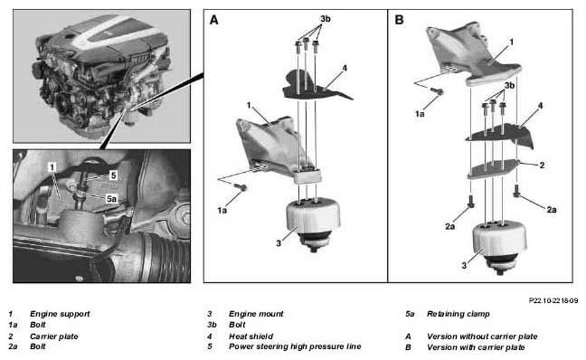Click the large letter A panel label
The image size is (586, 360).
click(x=213, y=20)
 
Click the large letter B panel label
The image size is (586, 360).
click(x=399, y=20)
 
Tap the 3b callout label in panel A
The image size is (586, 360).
click(x=326, y=19)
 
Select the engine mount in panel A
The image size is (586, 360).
click(x=313, y=223)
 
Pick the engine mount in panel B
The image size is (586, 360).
click(x=500, y=246)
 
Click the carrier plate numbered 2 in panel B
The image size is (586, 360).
click(x=494, y=168)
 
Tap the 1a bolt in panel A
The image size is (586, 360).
click(x=241, y=187)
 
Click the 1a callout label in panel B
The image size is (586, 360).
click(x=420, y=114)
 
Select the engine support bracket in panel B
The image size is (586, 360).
click(x=474, y=54)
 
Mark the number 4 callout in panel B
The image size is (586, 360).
click(x=540, y=106)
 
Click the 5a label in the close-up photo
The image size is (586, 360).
click(x=111, y=199)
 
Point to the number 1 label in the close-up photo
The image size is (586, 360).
click(x=52, y=167)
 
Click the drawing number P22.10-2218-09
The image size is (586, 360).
click(x=553, y=300)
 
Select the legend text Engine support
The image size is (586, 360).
click(x=60, y=314)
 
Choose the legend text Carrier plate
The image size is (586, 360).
click(x=54, y=336)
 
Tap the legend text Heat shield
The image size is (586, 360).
click(x=250, y=336)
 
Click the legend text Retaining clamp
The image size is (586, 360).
click(x=458, y=314)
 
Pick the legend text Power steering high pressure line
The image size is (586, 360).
click(x=295, y=346)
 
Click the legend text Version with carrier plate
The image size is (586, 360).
click(x=476, y=347)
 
